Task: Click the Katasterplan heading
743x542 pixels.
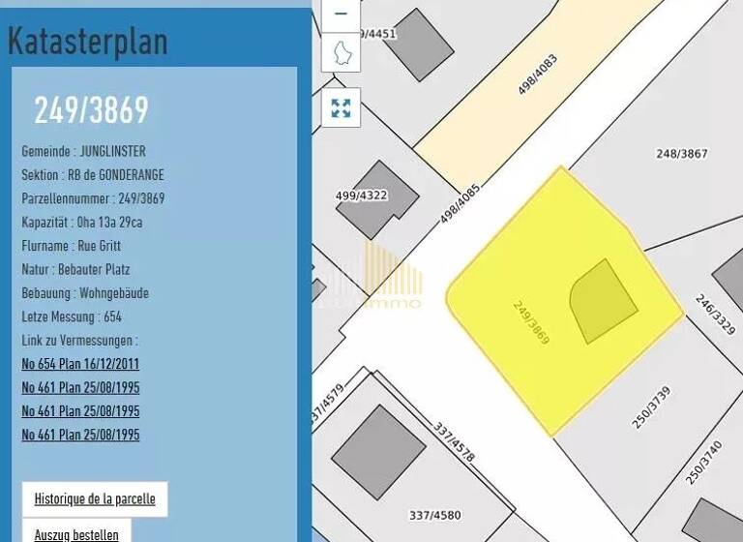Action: (x=88, y=42)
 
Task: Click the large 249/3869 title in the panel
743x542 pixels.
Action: (x=91, y=110)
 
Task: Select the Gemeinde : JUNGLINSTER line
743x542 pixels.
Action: (x=83, y=152)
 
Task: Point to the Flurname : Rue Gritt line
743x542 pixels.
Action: (x=71, y=246)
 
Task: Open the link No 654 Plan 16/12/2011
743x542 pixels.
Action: (x=80, y=365)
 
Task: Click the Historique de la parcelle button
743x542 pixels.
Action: (x=95, y=499)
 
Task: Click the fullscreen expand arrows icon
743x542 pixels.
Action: (x=341, y=107)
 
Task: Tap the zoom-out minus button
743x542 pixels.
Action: (x=341, y=14)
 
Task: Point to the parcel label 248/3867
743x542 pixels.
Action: (x=682, y=154)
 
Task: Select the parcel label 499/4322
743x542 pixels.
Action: (x=361, y=196)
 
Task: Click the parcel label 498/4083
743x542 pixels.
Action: (x=538, y=74)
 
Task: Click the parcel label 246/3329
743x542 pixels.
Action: (x=716, y=316)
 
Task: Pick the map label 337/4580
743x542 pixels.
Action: (x=434, y=515)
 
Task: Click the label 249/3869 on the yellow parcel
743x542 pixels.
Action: (x=531, y=322)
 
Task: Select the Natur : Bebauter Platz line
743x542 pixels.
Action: (x=75, y=269)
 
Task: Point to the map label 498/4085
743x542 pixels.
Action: (x=460, y=204)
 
